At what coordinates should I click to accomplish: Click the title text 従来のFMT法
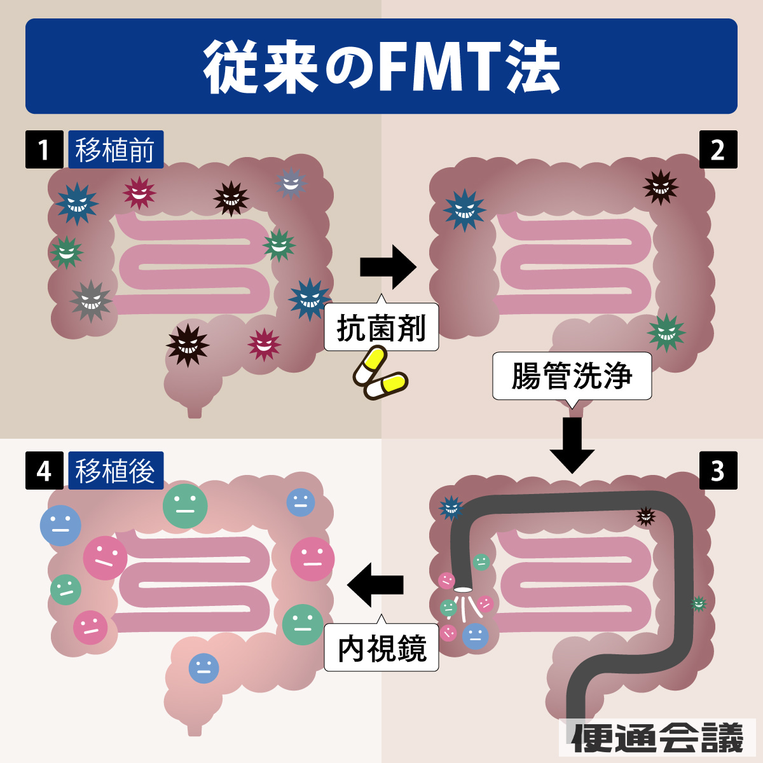coord(381,67)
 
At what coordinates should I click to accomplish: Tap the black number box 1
coord(44,149)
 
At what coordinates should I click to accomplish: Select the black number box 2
coord(718,149)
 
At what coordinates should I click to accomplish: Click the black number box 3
coord(718,471)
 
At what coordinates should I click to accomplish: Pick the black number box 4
coord(44,471)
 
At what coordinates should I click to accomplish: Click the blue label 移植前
coord(116,149)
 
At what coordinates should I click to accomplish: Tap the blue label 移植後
coord(116,471)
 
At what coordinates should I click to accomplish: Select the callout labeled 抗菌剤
coord(381,328)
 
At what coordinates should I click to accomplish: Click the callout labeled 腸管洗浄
coord(572,376)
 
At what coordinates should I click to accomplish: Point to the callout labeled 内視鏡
coord(381,649)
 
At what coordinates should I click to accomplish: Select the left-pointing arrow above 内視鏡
coord(375,584)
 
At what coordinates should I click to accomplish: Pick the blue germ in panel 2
coord(465,210)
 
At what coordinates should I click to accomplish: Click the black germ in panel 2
coord(661,187)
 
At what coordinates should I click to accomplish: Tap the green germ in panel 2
coord(666,332)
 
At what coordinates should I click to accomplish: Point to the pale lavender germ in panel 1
coord(291,183)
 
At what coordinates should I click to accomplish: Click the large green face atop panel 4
coord(185,506)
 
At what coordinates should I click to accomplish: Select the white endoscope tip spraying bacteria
coord(463,589)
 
